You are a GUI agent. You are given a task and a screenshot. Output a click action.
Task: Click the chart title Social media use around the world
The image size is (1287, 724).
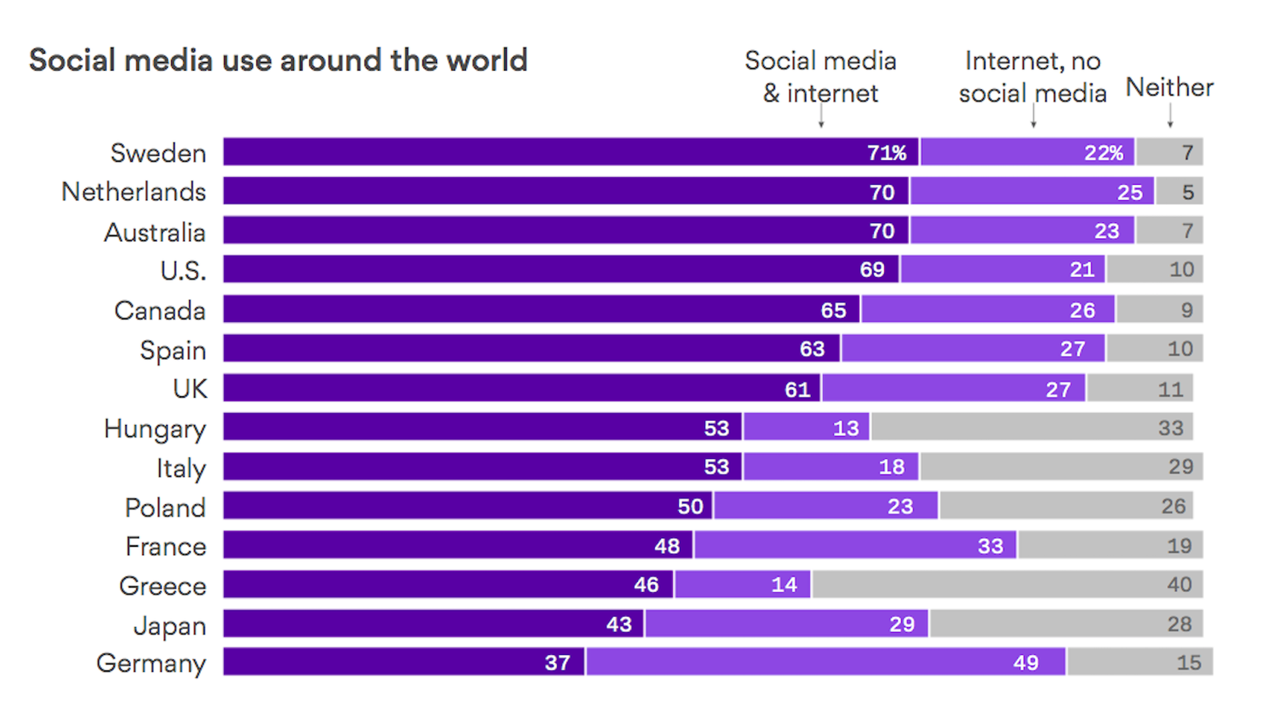(278, 60)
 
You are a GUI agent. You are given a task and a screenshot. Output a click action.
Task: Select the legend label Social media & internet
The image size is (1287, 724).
(820, 77)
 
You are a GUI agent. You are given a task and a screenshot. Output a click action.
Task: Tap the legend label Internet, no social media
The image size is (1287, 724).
(1032, 77)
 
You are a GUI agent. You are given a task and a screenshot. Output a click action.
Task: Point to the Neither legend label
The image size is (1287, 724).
(1169, 87)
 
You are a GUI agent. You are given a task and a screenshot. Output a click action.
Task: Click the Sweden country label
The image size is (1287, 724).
(158, 154)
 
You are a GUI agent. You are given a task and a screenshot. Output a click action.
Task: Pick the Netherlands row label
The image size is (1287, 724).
(133, 192)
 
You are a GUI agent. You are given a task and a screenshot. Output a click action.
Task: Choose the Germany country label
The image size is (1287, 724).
(151, 664)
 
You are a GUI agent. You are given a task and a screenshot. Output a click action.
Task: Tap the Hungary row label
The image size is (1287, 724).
(155, 429)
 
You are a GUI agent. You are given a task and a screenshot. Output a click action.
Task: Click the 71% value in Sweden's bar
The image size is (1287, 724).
(886, 153)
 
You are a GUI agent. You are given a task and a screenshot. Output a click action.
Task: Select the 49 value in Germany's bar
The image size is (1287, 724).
(1026, 663)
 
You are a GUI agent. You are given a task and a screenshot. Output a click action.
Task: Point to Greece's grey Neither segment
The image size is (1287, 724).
(1005, 585)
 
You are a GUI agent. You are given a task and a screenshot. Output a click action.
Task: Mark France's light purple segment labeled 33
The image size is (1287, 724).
(855, 546)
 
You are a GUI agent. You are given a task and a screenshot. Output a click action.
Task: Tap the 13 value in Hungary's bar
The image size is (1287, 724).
(846, 428)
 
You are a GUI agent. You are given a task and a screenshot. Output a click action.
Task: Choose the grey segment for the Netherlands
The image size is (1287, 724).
(1180, 192)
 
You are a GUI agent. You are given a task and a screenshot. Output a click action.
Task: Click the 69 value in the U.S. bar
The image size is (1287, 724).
(872, 270)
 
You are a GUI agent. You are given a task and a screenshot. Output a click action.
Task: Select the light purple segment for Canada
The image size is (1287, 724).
(988, 310)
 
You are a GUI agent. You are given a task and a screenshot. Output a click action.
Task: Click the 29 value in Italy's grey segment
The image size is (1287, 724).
(1180, 467)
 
